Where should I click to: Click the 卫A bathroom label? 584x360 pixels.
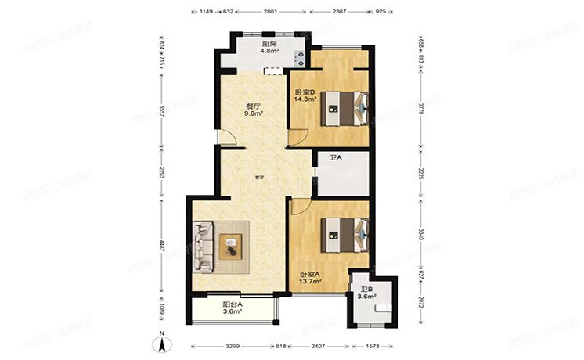(x=335, y=158)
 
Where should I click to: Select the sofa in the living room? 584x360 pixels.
(x=203, y=247)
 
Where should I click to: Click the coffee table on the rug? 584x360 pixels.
(x=231, y=246)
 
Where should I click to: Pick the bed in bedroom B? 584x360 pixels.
(x=344, y=109)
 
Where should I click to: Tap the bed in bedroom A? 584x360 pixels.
(x=344, y=233)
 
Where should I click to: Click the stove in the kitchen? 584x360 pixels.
(x=298, y=56)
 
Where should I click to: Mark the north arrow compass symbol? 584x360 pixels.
(x=160, y=340)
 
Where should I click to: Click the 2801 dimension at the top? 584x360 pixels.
(x=272, y=12)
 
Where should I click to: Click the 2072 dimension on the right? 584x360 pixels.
(x=421, y=301)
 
